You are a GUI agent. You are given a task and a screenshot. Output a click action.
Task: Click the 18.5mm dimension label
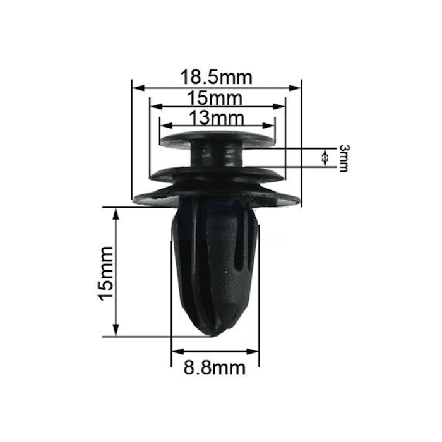pyautogui.click(x=216, y=77)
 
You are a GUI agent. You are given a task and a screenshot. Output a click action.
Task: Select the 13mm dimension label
pyautogui.click(x=216, y=118)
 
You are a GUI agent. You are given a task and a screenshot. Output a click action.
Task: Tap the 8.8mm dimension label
pyautogui.click(x=215, y=368)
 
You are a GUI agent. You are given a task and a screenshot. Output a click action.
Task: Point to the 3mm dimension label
pyautogui.click(x=344, y=158)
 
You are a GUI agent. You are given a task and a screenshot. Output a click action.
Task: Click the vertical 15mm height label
pyautogui.click(x=105, y=273)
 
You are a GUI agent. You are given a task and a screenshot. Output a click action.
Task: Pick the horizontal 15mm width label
pyautogui.click(x=215, y=98)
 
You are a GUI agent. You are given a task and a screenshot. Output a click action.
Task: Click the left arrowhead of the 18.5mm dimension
pyautogui.click(x=138, y=88)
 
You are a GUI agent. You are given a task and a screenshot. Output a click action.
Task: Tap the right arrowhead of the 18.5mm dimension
pyautogui.click(x=295, y=88)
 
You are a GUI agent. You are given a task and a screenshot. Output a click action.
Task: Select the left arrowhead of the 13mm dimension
pyautogui.click(x=166, y=126)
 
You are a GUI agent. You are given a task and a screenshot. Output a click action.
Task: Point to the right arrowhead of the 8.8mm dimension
pyautogui.click(x=253, y=352)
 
